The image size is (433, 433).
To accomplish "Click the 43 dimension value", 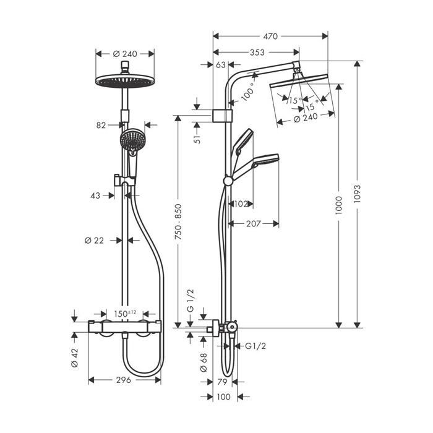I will tap(95, 195).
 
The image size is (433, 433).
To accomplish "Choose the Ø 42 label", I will tap(74, 358).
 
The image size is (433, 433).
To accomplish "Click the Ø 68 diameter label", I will tap(203, 362).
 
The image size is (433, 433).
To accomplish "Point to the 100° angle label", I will tap(248, 92).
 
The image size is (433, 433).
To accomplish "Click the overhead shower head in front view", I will tap(126, 80).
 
